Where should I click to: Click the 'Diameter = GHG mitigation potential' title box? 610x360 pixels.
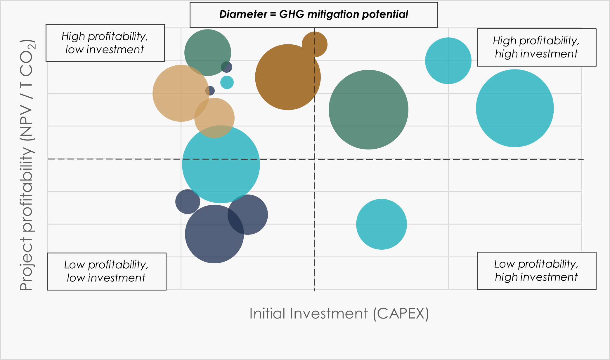point(314,15)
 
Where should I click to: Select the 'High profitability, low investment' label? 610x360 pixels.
point(105,43)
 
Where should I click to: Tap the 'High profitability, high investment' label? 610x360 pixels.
point(537,47)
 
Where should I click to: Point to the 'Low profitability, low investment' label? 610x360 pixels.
point(107,271)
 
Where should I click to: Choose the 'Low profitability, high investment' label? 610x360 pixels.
point(537,271)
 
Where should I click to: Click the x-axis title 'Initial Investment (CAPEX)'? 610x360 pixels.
point(339,314)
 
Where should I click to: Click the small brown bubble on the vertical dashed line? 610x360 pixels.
point(315,44)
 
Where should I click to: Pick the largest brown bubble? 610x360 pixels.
point(288,77)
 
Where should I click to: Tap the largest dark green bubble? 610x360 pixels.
point(368,110)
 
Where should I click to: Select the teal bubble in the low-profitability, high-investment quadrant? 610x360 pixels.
point(382,224)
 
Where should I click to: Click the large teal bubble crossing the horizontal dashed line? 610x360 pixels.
point(221,164)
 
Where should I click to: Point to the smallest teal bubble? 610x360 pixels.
point(227,82)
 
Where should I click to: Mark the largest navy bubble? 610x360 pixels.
point(214,234)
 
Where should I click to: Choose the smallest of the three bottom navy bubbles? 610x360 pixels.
point(188,202)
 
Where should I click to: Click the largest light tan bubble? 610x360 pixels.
point(181,93)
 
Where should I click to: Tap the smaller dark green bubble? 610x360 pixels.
point(208,53)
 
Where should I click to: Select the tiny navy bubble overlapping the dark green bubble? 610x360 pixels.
point(227,67)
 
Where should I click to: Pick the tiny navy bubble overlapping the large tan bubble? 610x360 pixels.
point(210,91)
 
